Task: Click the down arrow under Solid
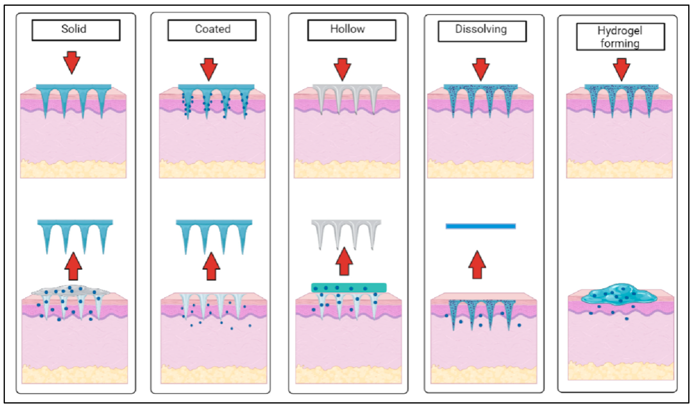72,62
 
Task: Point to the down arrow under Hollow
342,69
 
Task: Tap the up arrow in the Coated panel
211,267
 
